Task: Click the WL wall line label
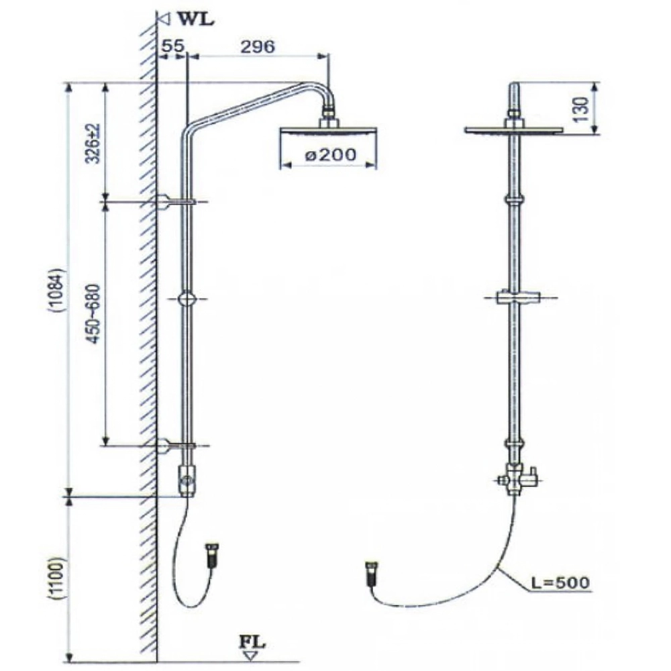pyautogui.click(x=195, y=19)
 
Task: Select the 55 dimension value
pyautogui.click(x=172, y=47)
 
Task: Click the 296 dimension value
pyautogui.click(x=257, y=47)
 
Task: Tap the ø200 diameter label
pyautogui.click(x=329, y=156)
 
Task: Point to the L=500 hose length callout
pyautogui.click(x=558, y=582)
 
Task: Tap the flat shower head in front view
pyautogui.click(x=515, y=129)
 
